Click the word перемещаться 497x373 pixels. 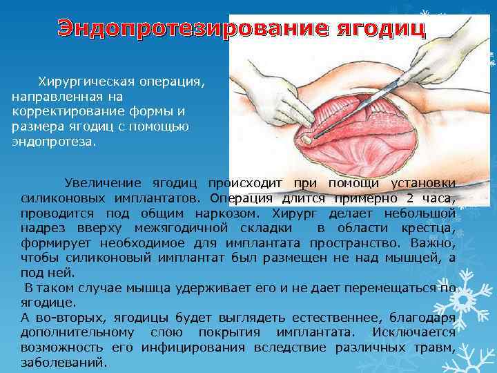pyautogui.click(x=393, y=287)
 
